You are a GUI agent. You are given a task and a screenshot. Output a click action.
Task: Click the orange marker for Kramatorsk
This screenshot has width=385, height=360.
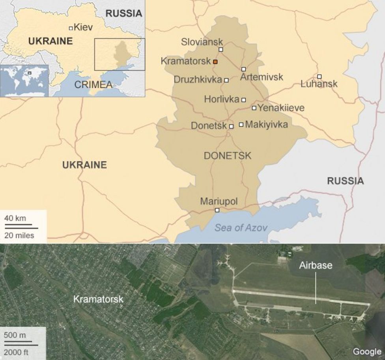point(215,62)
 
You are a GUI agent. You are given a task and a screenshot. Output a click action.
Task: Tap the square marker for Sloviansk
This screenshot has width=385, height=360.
point(221,49)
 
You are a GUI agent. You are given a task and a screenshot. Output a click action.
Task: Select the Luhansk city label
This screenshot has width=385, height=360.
point(319,84)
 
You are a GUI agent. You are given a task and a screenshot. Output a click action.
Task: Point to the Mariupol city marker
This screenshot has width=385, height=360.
point(217,210)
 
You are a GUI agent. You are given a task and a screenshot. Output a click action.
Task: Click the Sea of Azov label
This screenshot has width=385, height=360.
point(241,228)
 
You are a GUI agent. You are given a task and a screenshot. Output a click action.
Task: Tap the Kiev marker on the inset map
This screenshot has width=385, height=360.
point(71,28)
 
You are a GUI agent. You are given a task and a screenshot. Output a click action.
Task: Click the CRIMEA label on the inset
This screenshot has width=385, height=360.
point(93,84)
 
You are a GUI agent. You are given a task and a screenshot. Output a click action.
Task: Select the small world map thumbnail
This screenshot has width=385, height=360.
point(24,80)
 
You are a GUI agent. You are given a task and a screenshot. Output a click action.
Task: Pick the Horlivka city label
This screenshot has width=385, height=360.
point(221,99)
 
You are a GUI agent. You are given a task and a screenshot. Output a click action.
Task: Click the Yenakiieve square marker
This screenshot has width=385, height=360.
point(254,108)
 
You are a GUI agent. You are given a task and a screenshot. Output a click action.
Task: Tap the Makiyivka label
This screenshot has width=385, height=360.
point(266,125)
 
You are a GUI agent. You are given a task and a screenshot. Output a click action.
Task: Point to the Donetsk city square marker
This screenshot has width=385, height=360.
point(231,126)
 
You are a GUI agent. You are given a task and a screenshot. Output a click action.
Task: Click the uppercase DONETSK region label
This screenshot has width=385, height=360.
point(227,156)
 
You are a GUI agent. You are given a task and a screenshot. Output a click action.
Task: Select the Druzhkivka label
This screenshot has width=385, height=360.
point(198,80)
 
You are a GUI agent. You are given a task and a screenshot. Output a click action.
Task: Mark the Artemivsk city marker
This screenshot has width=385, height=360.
point(244,69)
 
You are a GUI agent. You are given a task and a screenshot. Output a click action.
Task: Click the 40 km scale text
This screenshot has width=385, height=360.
point(15,218)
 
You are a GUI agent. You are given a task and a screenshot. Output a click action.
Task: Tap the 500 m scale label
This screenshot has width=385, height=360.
point(15,336)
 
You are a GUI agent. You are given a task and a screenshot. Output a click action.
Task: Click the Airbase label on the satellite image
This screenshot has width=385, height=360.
point(315,265)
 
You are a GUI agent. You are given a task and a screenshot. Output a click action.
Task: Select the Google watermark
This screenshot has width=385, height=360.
point(367,351)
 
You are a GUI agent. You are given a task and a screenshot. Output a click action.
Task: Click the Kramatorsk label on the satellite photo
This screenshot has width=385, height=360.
point(98,299)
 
